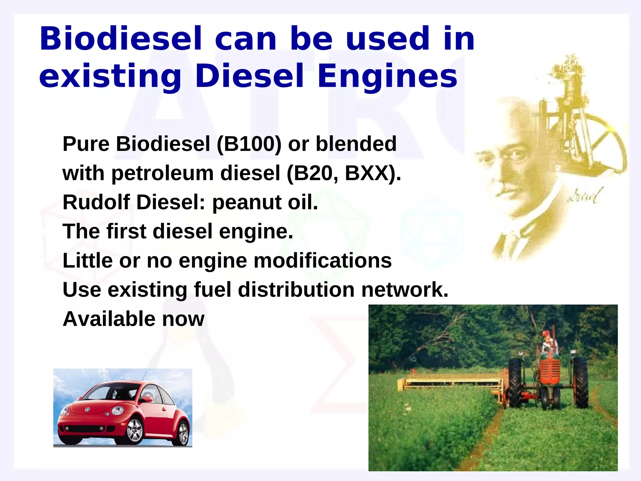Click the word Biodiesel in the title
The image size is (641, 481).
coord(121,39)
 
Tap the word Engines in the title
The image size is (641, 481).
coord(387,76)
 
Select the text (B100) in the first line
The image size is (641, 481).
coord(249,144)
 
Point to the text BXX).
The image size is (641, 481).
coord(373,173)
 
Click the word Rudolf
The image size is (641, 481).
coord(96,202)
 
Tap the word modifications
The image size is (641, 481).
coord(322,261)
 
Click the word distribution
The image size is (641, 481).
coord(296,290)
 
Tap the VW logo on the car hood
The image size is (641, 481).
coord(87,409)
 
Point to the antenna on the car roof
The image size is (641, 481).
coord(144,376)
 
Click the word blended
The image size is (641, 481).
coord(356,144)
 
